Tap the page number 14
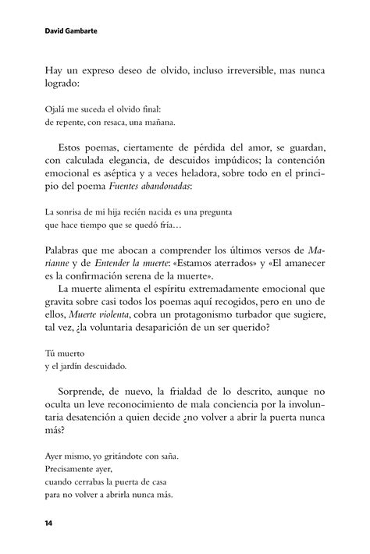click(x=50, y=519)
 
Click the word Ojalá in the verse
click(x=58, y=109)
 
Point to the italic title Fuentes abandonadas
click(x=148, y=185)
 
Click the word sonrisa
click(x=76, y=211)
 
